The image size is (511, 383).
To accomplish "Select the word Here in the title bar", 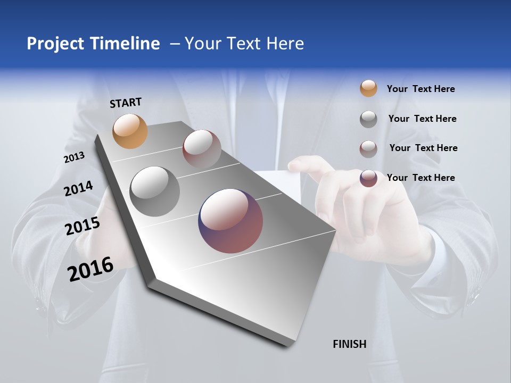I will tap(285, 44).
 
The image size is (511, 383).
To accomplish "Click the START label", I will tap(126, 103).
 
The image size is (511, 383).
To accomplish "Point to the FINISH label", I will tap(350, 344).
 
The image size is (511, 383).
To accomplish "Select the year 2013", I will tap(74, 157).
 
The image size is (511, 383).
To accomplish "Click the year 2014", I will tap(78, 189).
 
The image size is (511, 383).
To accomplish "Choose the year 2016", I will tap(90, 269).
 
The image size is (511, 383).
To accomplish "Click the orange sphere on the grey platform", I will tap(130, 131).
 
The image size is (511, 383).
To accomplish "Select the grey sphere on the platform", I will tap(155, 191).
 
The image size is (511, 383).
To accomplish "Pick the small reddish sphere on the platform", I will tap(202, 148).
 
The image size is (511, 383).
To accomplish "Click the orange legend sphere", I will tap(368, 88).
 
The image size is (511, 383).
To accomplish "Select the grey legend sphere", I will tap(368, 119).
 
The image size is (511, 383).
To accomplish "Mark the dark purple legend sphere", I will tap(368, 178).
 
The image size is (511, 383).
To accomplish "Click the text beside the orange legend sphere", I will tap(421, 89).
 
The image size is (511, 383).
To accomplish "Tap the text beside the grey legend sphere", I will tap(422, 119).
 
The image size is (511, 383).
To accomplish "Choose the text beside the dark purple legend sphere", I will tap(421, 178).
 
